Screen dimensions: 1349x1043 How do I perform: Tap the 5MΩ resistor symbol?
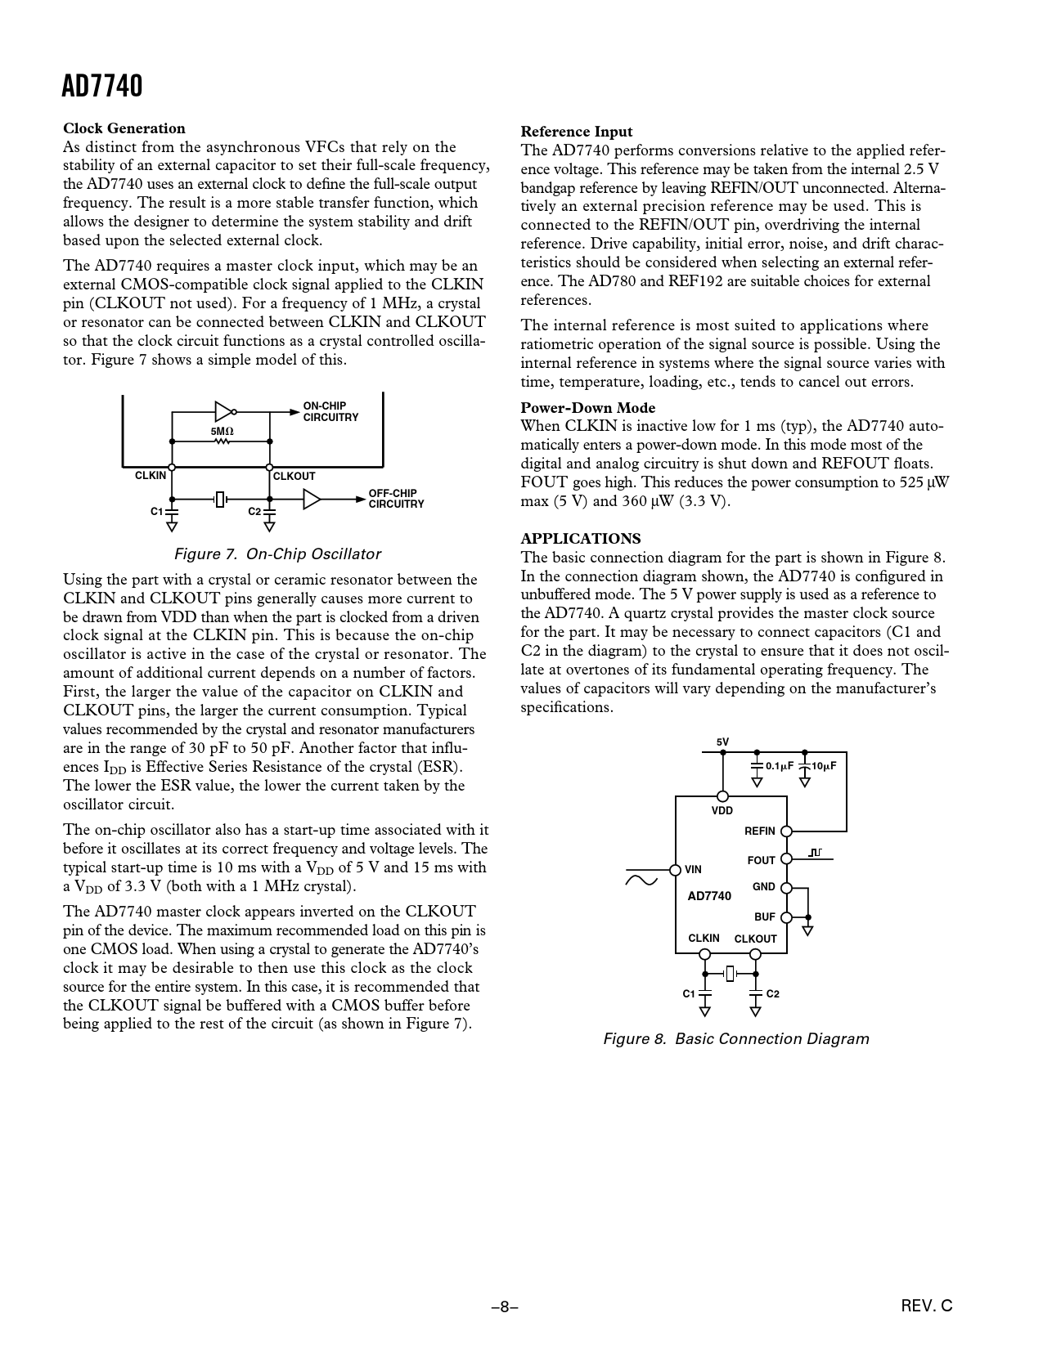click(222, 441)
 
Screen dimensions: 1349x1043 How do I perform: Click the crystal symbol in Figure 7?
click(219, 499)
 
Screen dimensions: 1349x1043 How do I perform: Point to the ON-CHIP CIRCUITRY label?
click(330, 411)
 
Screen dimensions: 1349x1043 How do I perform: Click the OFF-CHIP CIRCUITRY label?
click(396, 499)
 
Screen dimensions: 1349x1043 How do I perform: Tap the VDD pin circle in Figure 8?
click(722, 796)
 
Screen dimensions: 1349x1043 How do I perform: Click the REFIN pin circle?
click(786, 831)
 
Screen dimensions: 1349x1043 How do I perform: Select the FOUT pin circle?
click(786, 859)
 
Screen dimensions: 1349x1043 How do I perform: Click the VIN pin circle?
click(676, 869)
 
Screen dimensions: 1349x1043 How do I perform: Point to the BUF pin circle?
click(786, 917)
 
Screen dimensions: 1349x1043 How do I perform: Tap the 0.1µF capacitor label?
click(780, 766)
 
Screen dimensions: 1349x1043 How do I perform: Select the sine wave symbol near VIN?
click(641, 880)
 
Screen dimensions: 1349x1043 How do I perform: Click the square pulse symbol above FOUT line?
click(815, 853)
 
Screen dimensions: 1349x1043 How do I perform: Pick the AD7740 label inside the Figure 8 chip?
click(709, 896)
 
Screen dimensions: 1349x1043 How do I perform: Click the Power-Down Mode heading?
click(588, 408)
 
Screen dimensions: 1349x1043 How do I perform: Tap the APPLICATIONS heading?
click(581, 538)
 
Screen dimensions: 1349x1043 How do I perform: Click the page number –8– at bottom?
click(506, 1306)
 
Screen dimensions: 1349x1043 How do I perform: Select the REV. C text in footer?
click(927, 1306)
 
